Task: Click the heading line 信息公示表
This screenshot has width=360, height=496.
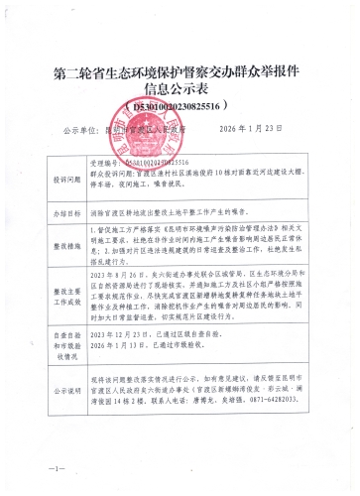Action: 180,88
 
